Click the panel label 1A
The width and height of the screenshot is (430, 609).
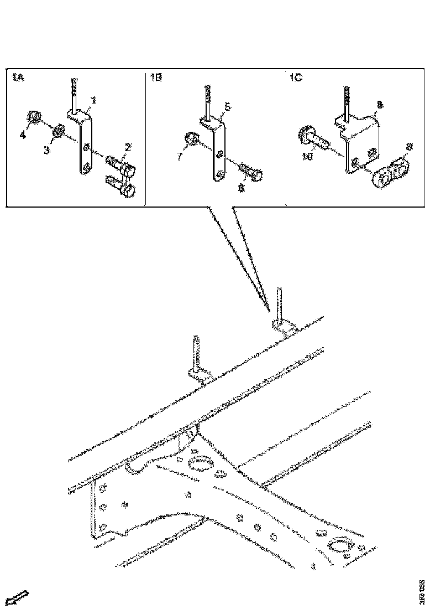[x=17, y=78]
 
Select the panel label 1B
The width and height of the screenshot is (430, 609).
[x=155, y=78]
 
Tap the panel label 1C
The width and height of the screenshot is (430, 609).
[x=295, y=78]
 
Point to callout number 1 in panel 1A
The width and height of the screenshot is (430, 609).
[x=93, y=100]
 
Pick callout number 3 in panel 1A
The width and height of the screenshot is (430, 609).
[x=47, y=150]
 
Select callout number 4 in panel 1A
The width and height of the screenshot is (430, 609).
[x=23, y=135]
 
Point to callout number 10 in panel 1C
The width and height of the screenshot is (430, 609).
[x=308, y=158]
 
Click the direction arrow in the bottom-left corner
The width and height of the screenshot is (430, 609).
[x=19, y=597]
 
